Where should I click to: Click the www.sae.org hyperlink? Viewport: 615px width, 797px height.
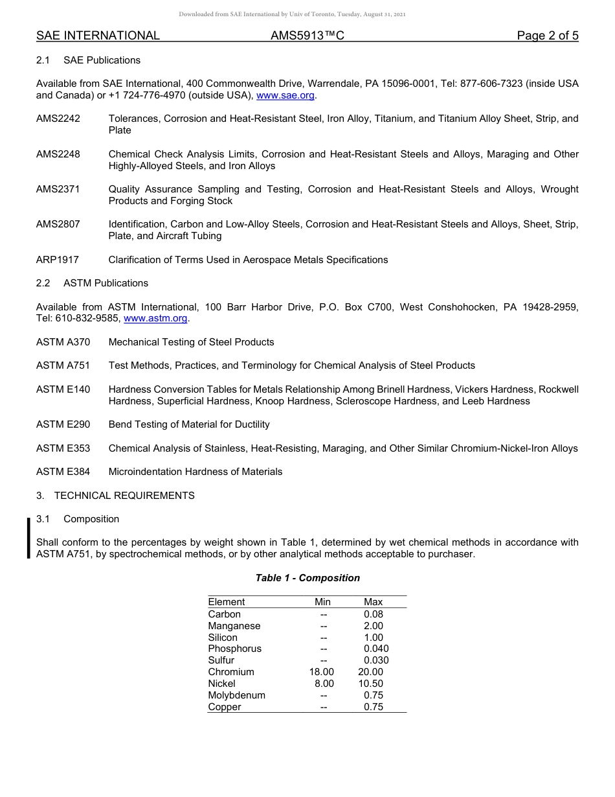tap(285, 95)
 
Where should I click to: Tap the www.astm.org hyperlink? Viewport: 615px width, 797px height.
tap(155, 318)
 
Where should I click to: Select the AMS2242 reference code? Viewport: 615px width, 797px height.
tap(58, 119)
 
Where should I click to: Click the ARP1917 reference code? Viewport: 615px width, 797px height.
tap(58, 260)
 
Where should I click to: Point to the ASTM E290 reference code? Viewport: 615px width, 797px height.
tap(63, 424)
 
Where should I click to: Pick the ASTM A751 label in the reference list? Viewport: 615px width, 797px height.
tap(63, 365)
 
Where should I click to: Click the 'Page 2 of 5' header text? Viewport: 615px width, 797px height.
tap(547, 36)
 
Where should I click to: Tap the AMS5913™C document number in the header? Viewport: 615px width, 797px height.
tap(307, 36)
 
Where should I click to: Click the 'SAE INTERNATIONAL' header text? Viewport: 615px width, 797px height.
tap(98, 36)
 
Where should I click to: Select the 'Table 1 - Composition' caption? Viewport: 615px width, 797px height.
tap(307, 578)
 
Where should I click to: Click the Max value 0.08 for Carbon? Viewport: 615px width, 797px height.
tap(374, 614)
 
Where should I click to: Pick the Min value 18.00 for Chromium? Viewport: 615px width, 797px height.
tap(322, 672)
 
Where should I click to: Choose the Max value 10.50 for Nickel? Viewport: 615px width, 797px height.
tap(371, 684)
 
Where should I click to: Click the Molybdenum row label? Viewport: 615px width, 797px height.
tap(236, 695)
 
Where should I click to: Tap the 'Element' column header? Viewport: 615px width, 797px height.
tap(227, 602)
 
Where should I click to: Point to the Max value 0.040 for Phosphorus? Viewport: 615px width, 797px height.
tap(376, 649)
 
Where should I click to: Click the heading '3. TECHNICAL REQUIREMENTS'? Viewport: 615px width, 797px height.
tap(115, 496)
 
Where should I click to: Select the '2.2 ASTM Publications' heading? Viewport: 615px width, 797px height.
tap(92, 283)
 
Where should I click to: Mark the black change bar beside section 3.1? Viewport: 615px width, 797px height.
tap(28, 538)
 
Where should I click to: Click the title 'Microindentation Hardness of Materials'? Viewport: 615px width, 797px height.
tap(196, 472)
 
